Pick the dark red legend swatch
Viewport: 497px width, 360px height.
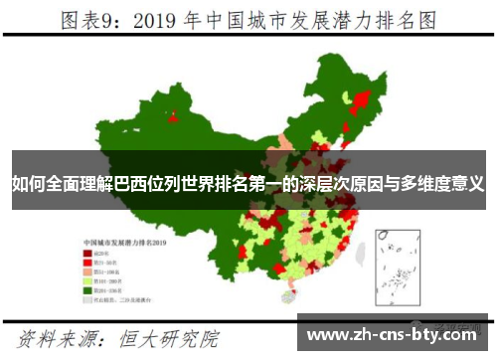(x=88, y=254)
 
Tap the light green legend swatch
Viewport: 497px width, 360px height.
(x=88, y=280)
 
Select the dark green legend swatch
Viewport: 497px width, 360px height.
(x=88, y=289)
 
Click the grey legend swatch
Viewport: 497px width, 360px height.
(x=88, y=298)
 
